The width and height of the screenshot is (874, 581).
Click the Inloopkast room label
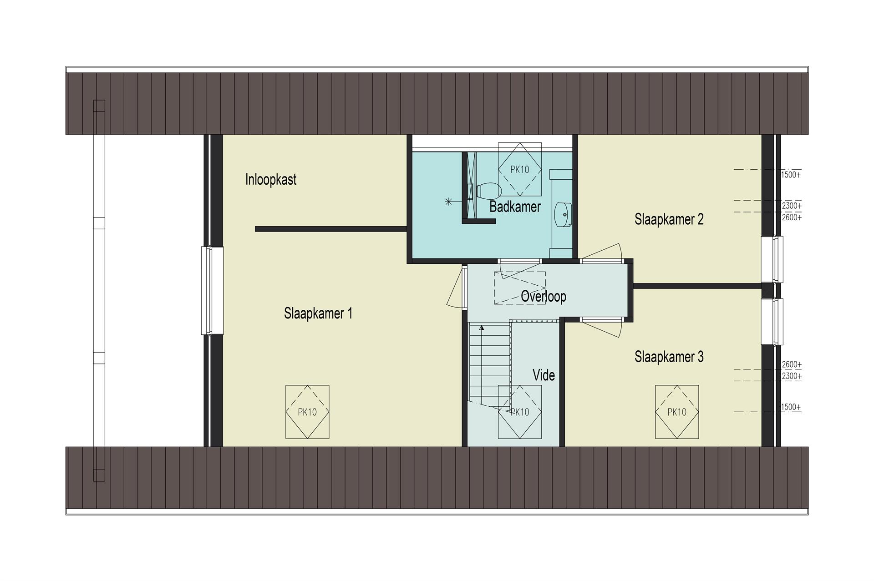(271, 179)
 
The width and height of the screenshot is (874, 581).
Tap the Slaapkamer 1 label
(318, 313)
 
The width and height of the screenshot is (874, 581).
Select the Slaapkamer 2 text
(669, 219)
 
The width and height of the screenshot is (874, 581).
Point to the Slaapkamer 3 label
(669, 357)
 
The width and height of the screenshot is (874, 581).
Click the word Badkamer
(515, 207)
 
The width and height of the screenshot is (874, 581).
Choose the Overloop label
(544, 296)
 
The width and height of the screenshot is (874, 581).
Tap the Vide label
(544, 375)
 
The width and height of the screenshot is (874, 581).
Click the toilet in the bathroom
(488, 191)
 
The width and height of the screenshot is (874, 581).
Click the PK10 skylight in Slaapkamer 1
(307, 412)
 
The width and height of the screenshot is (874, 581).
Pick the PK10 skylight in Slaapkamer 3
(677, 412)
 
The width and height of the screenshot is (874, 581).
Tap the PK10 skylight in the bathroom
(519, 169)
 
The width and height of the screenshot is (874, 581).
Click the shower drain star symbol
(449, 201)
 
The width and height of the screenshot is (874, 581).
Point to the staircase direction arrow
(482, 328)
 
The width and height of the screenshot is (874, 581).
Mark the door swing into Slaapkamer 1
(456, 288)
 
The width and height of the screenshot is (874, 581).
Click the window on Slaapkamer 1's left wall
(213, 291)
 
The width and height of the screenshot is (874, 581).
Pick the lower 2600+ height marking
(792, 364)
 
